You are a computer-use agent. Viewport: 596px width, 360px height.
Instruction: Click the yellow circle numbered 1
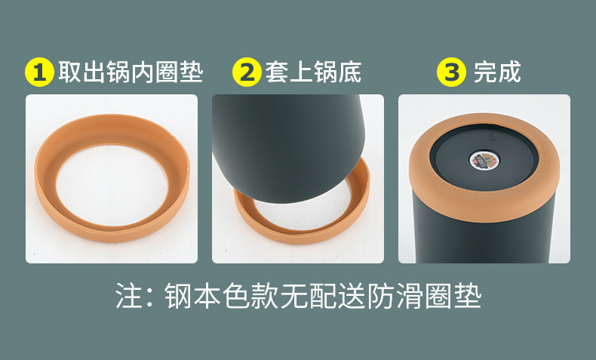(39, 72)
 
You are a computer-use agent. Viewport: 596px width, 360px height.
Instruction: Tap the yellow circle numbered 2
(247, 72)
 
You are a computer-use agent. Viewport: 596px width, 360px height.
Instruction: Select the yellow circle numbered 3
(451, 72)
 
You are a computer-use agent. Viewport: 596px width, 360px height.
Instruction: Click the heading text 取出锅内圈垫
(131, 72)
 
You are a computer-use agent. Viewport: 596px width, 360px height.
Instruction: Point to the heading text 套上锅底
(313, 72)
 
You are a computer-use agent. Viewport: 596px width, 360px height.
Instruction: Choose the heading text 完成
(497, 72)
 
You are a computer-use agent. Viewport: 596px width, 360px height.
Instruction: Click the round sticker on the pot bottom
(484, 161)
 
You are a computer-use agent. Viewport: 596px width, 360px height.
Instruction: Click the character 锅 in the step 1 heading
(118, 72)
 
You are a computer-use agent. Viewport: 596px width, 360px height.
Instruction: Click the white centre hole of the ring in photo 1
(112, 185)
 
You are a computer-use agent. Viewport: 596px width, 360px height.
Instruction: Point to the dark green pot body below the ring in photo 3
(483, 239)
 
